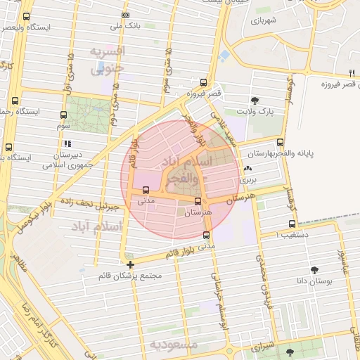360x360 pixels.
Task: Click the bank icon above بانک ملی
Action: pos(125,15)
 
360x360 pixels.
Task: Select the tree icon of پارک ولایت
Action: pos(255,101)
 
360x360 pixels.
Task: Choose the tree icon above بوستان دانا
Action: pos(314,269)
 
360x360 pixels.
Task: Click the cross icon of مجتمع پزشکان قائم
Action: pos(130,265)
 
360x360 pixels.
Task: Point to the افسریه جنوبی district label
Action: pos(108,61)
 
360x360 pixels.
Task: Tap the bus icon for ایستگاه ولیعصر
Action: pos(26,17)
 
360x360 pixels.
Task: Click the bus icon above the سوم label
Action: pos(64,115)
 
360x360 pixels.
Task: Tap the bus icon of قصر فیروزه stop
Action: pos(203,82)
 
